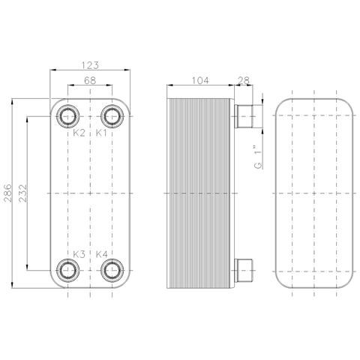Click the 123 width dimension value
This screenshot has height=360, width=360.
(x=90, y=65)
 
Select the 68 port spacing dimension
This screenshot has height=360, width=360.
(x=90, y=80)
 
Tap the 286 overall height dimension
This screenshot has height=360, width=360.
(x=7, y=193)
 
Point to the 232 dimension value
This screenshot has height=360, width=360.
(x=22, y=193)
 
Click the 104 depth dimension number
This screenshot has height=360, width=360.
(x=200, y=80)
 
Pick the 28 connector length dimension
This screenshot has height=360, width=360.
(x=244, y=80)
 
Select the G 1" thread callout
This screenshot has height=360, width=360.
(x=259, y=157)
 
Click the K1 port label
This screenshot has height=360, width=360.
(x=101, y=133)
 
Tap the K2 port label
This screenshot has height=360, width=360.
(x=79, y=133)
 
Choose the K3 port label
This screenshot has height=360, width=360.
(x=79, y=254)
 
